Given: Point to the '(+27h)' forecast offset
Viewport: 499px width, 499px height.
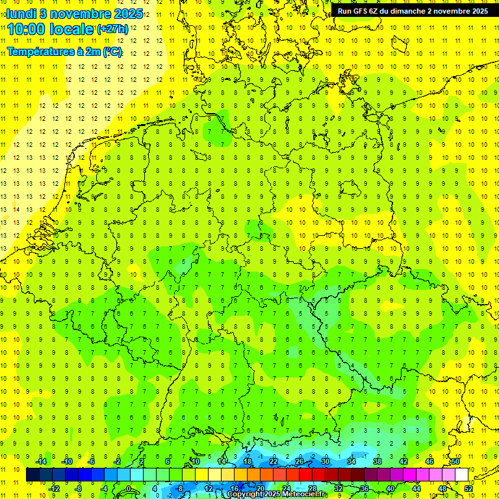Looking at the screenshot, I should click(112, 29).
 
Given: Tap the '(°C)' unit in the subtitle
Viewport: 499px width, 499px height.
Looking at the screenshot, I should click(112, 52).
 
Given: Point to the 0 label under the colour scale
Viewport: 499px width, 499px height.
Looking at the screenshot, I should click(129, 489).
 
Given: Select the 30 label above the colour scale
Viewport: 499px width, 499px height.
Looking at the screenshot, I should click(325, 461).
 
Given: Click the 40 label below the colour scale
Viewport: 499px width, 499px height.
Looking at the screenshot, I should click(390, 489).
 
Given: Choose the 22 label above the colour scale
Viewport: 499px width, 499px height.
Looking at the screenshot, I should click(273, 461).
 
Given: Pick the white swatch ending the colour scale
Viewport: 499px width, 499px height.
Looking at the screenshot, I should click(461, 474).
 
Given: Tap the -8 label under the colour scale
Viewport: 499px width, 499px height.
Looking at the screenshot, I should click(78, 489).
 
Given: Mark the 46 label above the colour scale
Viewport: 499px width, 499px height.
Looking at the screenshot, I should click(429, 461).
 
